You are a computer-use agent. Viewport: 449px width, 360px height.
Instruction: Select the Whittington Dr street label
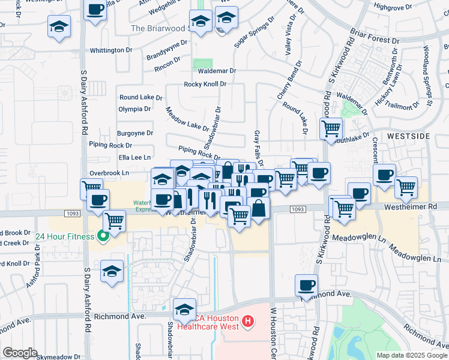click(111, 50)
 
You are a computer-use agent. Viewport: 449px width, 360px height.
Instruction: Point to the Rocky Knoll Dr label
click(205, 84)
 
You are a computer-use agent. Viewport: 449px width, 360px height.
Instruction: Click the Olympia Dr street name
click(134, 109)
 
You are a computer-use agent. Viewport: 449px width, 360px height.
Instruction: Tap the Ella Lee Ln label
click(118, 157)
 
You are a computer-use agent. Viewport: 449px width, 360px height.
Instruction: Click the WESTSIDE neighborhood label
click(408, 136)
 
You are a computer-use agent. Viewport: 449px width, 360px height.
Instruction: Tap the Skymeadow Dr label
click(58, 356)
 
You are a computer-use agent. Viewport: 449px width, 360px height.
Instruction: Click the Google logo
click(20, 352)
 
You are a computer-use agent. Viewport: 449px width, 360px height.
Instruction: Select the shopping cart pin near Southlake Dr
click(331, 128)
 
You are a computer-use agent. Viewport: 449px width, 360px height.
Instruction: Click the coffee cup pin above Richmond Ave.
click(306, 284)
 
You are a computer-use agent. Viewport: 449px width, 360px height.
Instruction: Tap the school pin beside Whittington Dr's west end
click(59, 26)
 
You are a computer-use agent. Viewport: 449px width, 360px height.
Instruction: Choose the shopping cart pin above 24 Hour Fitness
click(113, 220)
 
